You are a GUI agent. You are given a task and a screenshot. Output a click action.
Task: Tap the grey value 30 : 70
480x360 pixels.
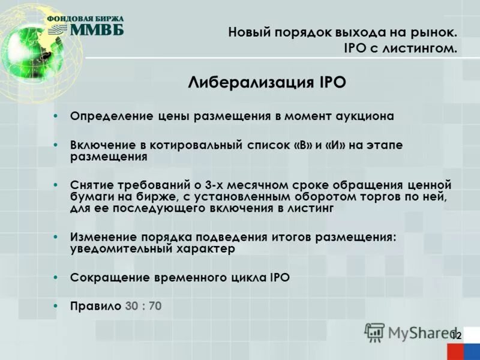point(143,306)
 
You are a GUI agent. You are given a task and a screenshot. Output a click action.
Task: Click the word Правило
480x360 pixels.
point(95,306)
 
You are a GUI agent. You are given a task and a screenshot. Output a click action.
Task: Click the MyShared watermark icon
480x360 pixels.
point(375,332)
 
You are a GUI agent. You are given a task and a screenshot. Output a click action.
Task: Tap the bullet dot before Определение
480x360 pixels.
point(55,116)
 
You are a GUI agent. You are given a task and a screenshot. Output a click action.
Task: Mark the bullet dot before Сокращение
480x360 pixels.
point(55,277)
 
